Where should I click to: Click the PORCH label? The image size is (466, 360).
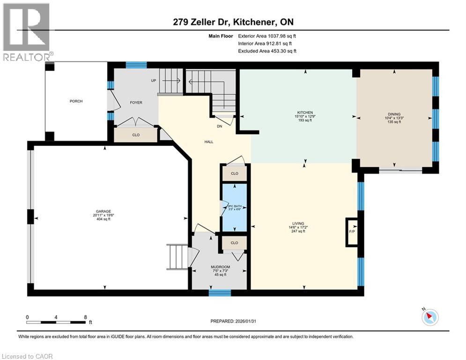(x=76, y=101)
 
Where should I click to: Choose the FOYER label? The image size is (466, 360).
(x=136, y=103)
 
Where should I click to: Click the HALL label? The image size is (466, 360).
(x=208, y=141)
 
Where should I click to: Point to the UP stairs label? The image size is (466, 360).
(x=153, y=81)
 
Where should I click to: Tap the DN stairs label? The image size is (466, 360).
(x=219, y=126)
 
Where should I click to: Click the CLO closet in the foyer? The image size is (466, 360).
(x=136, y=135)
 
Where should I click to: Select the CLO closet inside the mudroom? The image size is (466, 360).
(x=234, y=243)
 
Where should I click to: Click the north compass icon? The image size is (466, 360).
(x=429, y=318)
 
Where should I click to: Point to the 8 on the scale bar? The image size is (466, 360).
(x=85, y=317)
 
